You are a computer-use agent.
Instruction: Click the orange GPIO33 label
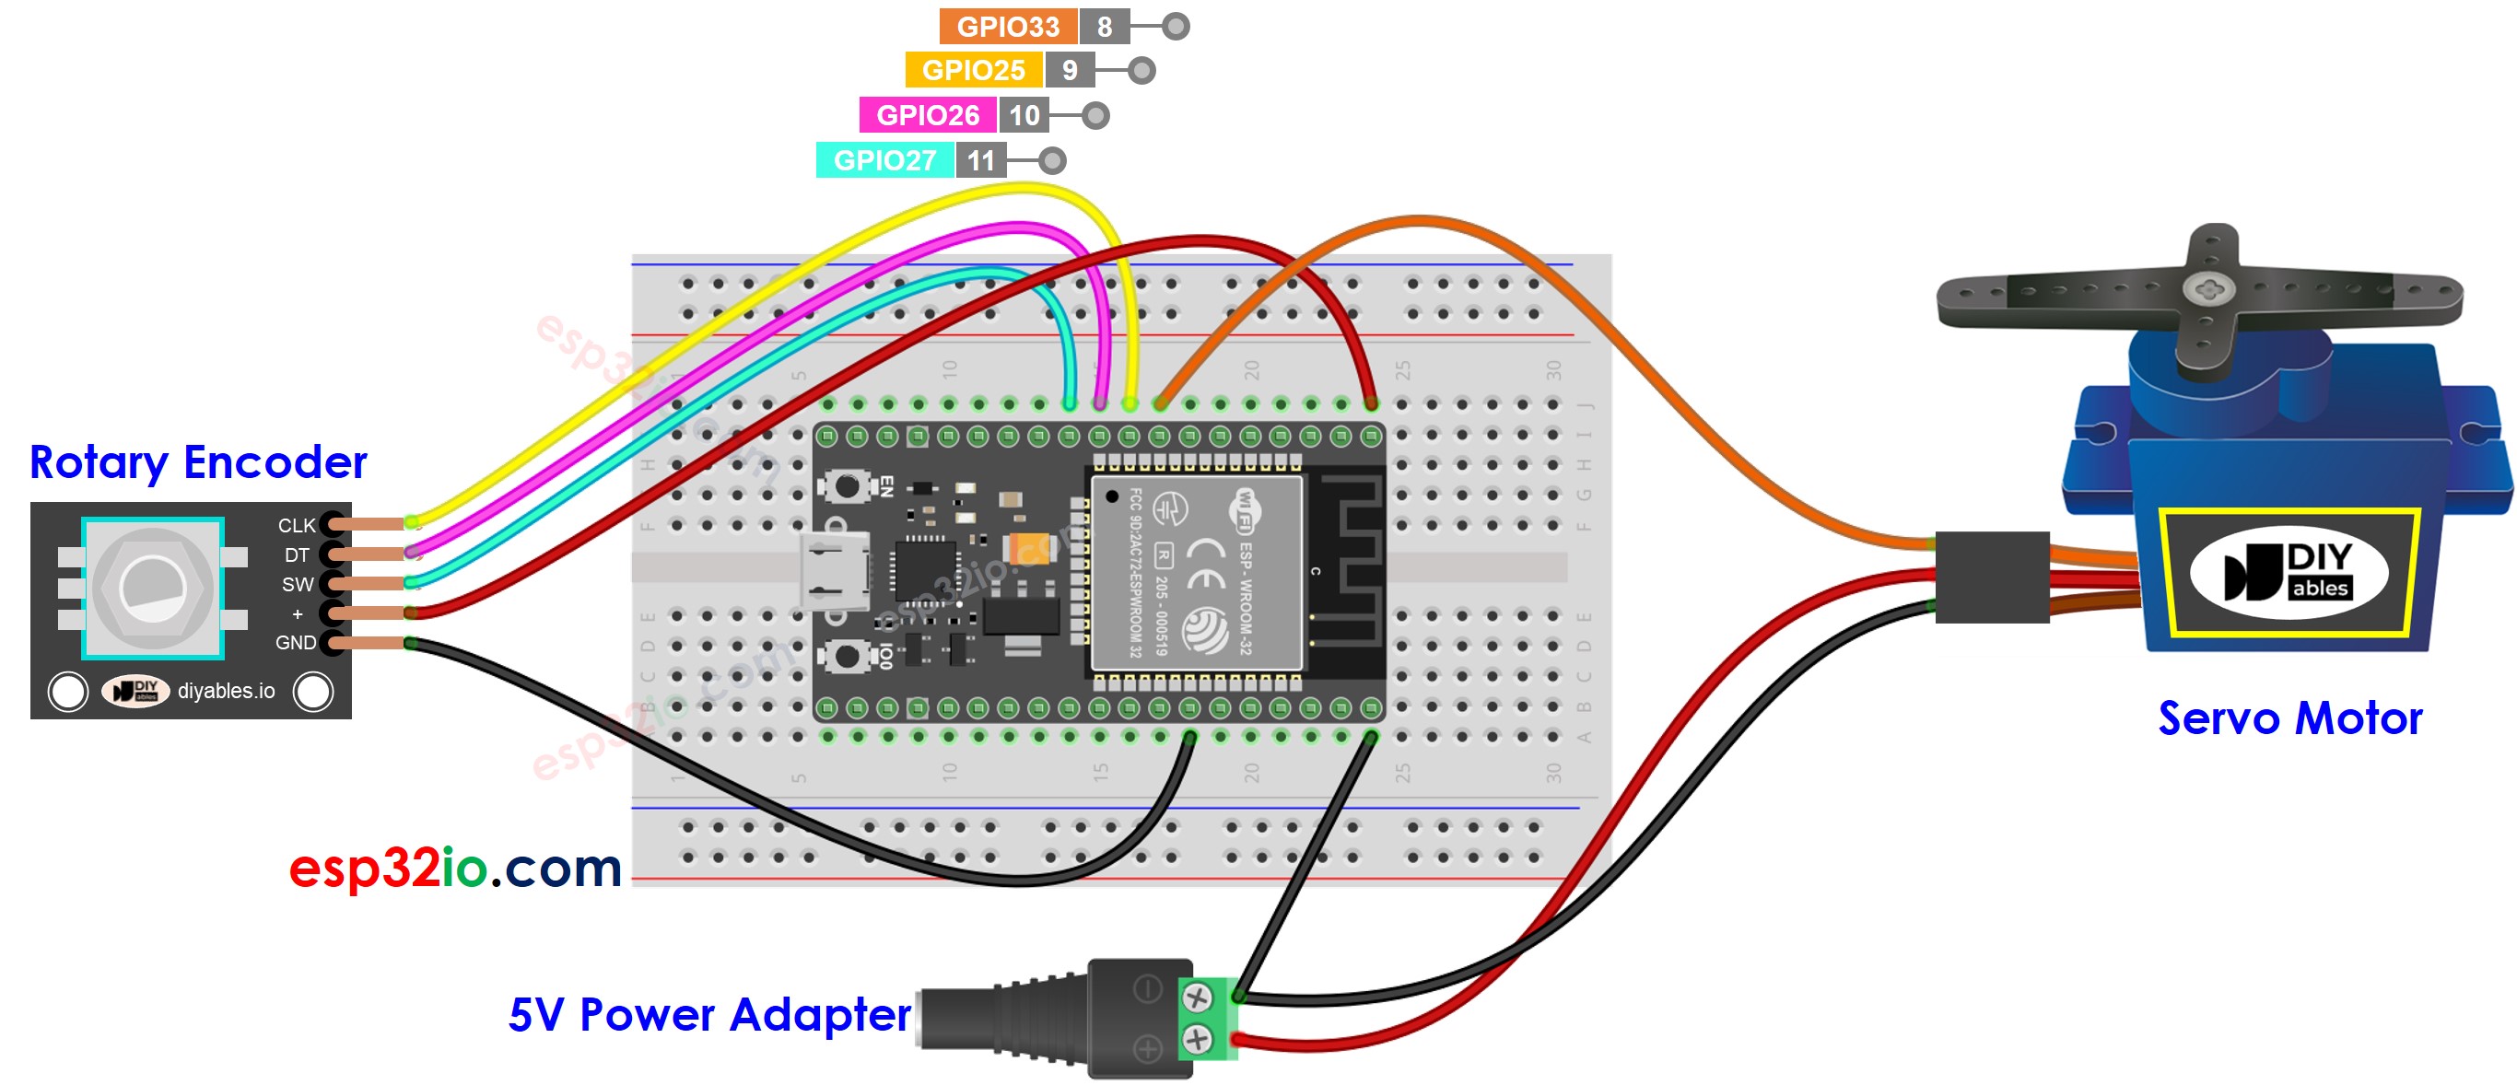point(1007,27)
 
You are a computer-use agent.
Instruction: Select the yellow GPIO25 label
point(973,70)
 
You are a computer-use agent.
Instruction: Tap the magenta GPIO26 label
point(927,115)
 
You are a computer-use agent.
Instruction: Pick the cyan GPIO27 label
point(884,160)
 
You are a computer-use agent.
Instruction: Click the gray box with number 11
point(981,160)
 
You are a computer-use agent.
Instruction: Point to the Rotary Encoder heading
point(198,462)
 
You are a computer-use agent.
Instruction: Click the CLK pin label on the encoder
point(296,525)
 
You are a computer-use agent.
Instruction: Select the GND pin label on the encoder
point(295,643)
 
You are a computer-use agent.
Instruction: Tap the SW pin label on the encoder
point(297,584)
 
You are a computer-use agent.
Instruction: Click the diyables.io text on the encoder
point(226,692)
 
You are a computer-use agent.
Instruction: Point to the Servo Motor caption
point(2289,718)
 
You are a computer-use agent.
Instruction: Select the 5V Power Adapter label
point(709,1015)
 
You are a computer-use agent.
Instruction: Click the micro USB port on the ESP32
point(834,571)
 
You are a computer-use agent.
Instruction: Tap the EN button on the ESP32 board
point(846,485)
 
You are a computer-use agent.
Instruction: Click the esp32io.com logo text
point(455,868)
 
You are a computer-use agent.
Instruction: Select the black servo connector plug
point(1991,577)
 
